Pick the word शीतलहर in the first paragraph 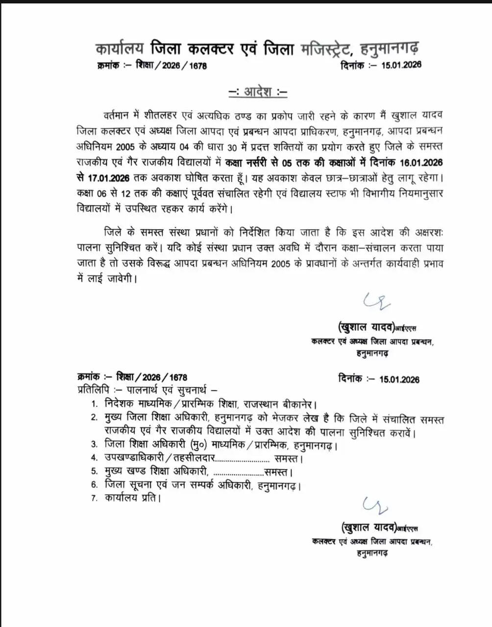click(x=161, y=116)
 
